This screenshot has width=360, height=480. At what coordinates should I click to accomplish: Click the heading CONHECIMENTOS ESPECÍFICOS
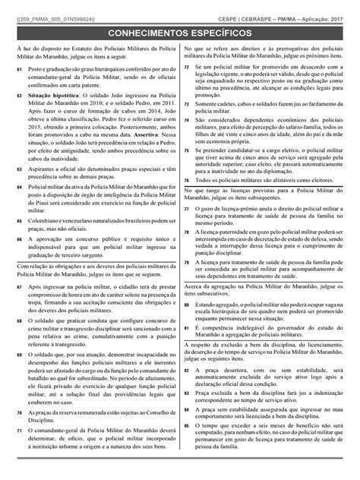(x=180, y=34)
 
